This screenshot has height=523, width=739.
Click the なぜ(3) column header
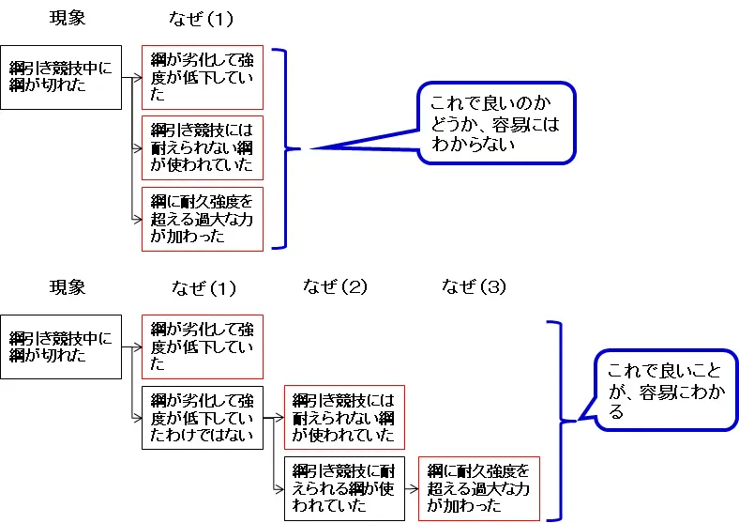474,287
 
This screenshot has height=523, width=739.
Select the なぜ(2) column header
336,286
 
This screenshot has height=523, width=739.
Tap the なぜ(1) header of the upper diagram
201,19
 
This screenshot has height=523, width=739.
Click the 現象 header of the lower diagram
68,286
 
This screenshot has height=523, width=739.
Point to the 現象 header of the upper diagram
68,19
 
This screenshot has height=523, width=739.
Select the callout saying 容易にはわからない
494,123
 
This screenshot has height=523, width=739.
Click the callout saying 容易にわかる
666,391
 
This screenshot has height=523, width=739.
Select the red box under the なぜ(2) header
344,417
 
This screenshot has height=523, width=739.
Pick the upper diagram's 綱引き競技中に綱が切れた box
61,77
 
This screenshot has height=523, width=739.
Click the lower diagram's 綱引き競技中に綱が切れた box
61,346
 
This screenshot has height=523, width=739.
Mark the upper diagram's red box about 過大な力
202,219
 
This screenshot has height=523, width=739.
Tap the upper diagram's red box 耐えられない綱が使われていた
202,147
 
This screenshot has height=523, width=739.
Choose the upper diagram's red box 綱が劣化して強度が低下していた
202,77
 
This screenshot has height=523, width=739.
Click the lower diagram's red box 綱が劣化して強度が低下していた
202,346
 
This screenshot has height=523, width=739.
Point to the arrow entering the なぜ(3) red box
412,488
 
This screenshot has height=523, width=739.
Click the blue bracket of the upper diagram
281,147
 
